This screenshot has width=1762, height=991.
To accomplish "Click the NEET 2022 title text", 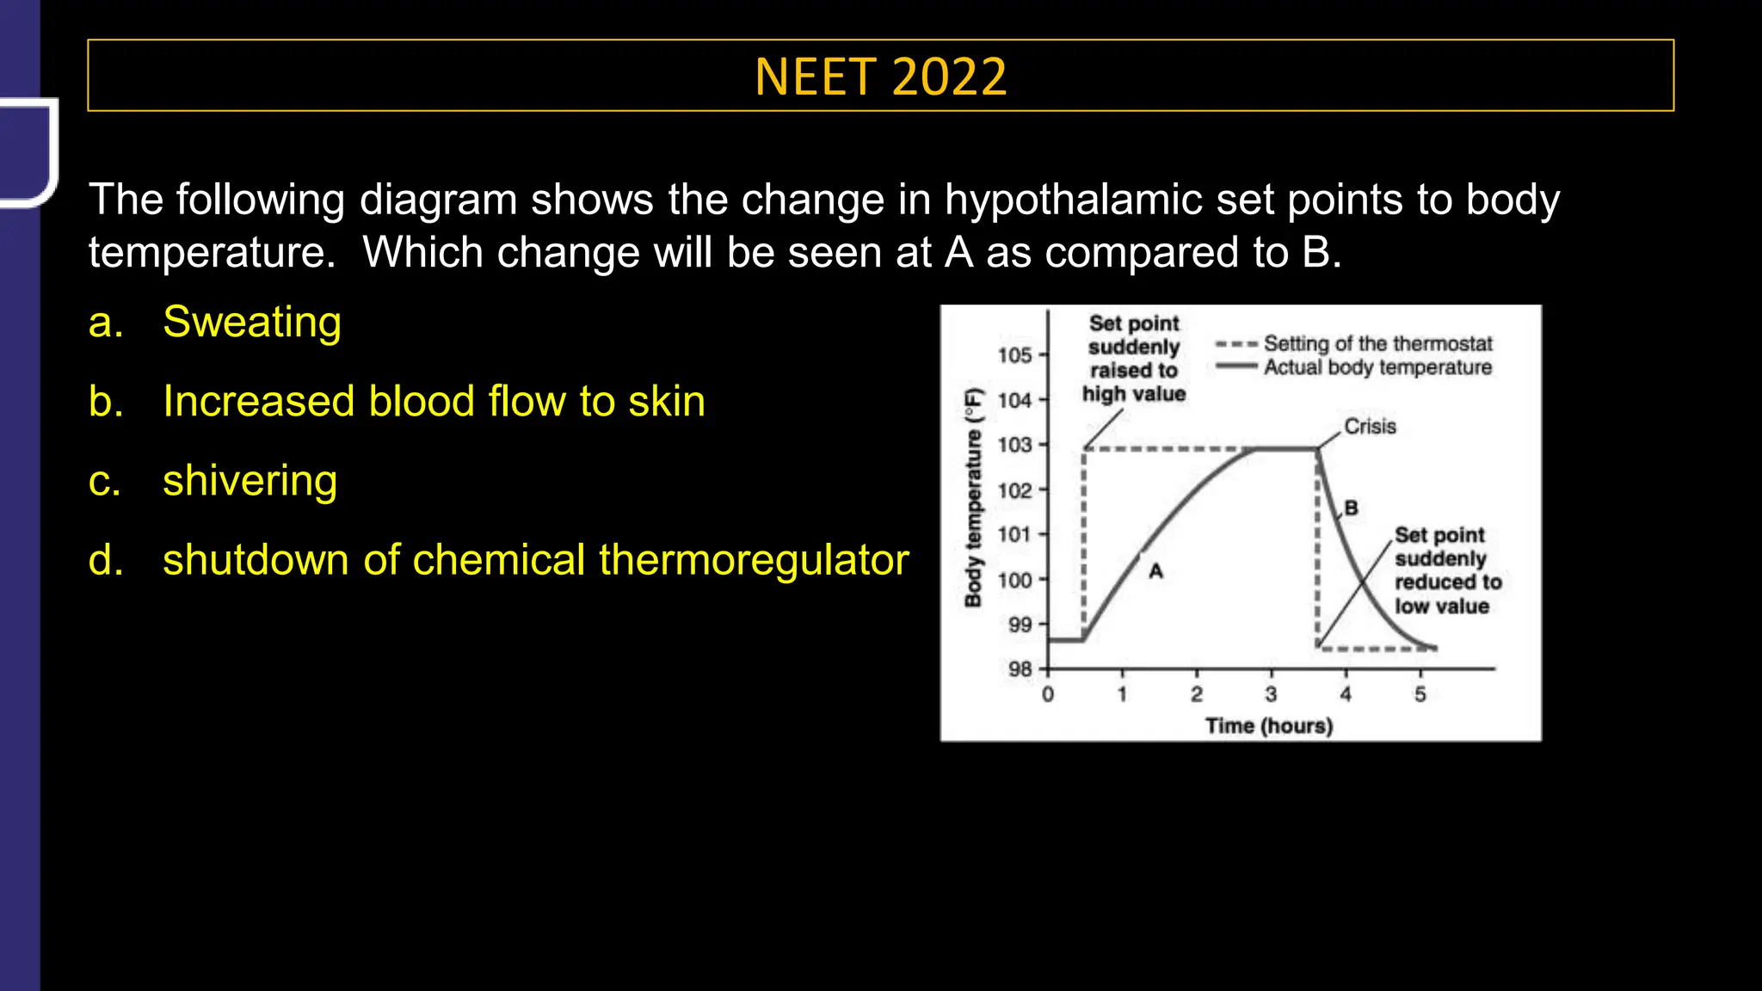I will point(880,77).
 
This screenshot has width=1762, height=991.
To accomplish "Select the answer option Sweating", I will point(251,323).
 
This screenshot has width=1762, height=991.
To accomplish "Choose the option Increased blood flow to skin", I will point(434,402).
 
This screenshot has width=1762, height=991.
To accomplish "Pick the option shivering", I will point(250,481).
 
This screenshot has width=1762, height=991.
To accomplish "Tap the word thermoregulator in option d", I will point(754,560).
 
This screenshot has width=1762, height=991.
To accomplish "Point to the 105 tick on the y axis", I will point(1014,354).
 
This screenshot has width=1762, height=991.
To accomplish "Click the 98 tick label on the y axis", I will point(1020,668).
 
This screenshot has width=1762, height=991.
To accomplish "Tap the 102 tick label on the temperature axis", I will point(1014,490).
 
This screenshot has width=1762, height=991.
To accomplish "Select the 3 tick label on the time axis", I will point(1271,694).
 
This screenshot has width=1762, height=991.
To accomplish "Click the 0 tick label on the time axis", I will point(1047,694).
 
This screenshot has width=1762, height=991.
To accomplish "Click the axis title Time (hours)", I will point(1268,726).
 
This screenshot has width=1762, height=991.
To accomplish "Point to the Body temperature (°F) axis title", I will point(973,497).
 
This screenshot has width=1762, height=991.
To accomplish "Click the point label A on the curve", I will point(1155,570).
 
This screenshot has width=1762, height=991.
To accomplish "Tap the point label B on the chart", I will point(1351,508).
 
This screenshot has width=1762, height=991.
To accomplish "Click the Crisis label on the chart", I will point(1370,427).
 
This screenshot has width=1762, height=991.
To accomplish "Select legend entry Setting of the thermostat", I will point(1377,343).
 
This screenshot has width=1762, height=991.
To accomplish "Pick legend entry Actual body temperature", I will point(1377,367).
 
